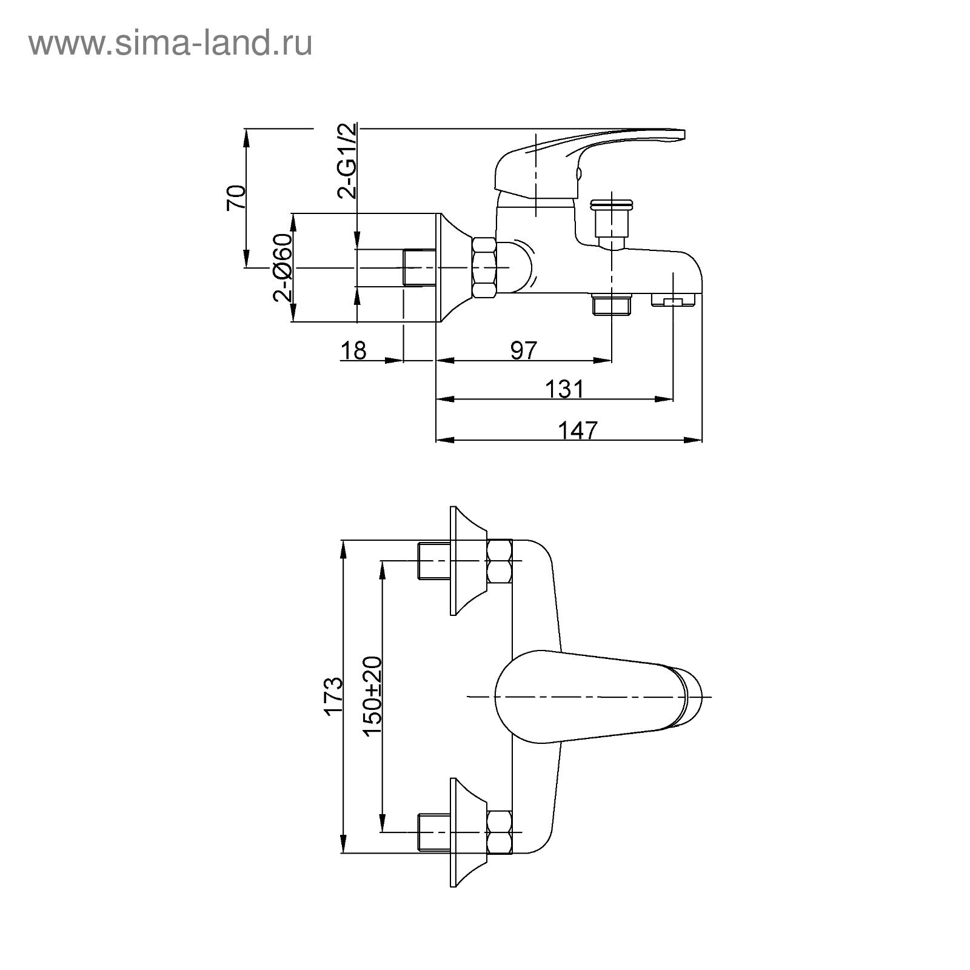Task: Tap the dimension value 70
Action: pos(236,198)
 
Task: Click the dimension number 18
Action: pos(353,350)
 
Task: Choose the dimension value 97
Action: pos(524,350)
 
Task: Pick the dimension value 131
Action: pos(564,389)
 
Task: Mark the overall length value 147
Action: pos(577,430)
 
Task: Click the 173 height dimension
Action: pos(333,697)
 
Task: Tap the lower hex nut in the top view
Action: pos(500,832)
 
